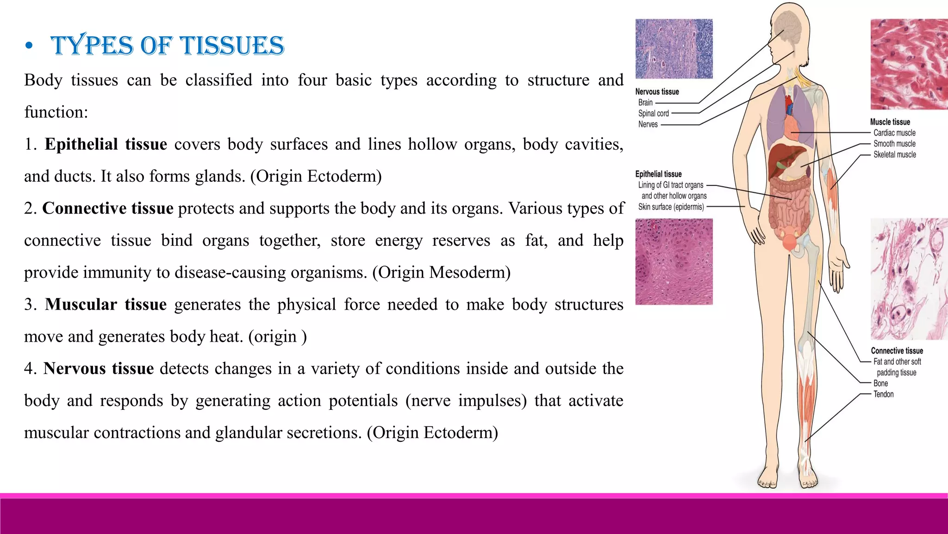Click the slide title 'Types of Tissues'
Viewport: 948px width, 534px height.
click(x=167, y=45)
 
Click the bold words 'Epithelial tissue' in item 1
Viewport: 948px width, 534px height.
click(x=106, y=144)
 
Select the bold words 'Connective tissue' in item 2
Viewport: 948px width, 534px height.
click(x=107, y=209)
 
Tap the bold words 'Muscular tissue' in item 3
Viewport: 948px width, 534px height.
click(x=106, y=305)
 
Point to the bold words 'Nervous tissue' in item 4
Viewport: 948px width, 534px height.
click(x=99, y=369)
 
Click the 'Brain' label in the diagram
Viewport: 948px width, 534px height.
click(x=645, y=102)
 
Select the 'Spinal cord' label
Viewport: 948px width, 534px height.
click(x=653, y=114)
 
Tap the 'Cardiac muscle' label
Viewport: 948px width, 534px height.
click(x=894, y=133)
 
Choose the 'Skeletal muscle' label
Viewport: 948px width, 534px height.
click(x=894, y=155)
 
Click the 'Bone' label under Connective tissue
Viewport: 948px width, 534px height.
click(x=880, y=383)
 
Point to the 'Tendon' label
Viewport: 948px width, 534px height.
click(x=883, y=394)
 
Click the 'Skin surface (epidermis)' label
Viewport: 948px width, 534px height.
click(x=671, y=207)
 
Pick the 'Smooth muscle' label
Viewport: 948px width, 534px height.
click(x=894, y=144)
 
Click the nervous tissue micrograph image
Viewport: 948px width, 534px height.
click(x=674, y=49)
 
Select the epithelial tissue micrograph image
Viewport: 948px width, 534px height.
click(x=674, y=261)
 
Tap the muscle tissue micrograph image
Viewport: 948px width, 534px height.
click(x=909, y=64)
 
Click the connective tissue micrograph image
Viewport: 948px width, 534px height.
click(x=909, y=279)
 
